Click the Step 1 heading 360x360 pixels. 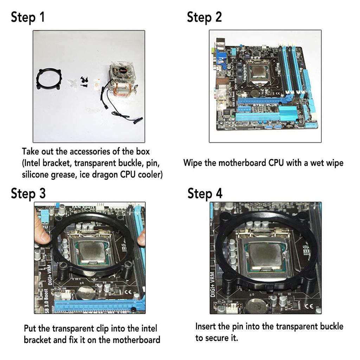[x=28, y=17]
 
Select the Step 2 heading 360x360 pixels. [x=204, y=17]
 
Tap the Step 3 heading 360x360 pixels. [x=28, y=193]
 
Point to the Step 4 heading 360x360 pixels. [x=205, y=193]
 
